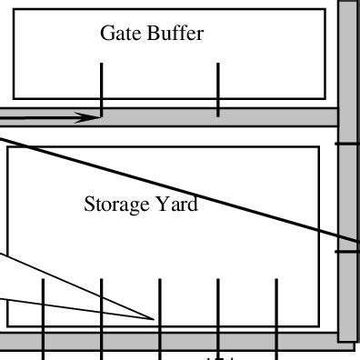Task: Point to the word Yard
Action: (x=178, y=205)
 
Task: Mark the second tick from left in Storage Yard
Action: (x=102, y=309)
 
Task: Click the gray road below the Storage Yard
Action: (x=182, y=341)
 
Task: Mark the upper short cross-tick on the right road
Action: (x=348, y=144)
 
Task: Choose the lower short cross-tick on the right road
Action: (x=348, y=253)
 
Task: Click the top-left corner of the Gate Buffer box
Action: (x=14, y=10)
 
